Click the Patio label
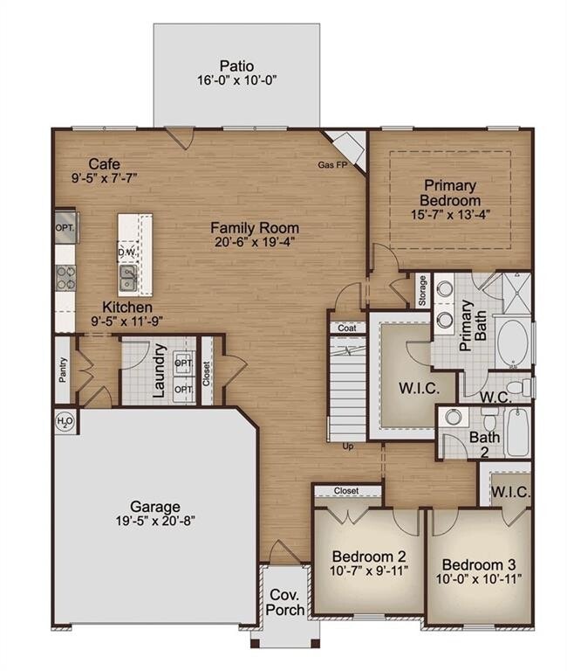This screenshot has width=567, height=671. click(236, 66)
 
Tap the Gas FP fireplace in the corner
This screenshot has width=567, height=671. click(348, 149)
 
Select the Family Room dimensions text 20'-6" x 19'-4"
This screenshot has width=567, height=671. click(255, 242)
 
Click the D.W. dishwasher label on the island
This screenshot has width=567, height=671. click(127, 252)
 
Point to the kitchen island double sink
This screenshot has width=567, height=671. click(128, 278)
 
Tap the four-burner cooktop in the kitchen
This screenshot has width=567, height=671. click(65, 278)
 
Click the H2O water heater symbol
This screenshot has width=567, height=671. click(65, 422)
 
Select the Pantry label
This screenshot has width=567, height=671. click(63, 370)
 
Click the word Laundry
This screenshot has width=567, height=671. click(159, 370)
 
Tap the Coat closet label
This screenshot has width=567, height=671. click(347, 329)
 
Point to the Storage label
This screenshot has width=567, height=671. click(422, 291)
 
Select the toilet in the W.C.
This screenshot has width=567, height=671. click(521, 387)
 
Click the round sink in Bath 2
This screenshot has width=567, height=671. click(453, 418)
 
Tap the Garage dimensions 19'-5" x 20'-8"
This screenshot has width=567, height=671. click(155, 521)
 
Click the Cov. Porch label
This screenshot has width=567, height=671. click(285, 602)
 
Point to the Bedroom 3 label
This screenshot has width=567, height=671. click(479, 564)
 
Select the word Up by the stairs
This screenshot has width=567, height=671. click(348, 446)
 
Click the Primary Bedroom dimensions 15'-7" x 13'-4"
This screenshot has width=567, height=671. click(450, 214)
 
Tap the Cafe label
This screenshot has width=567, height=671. click(105, 164)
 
